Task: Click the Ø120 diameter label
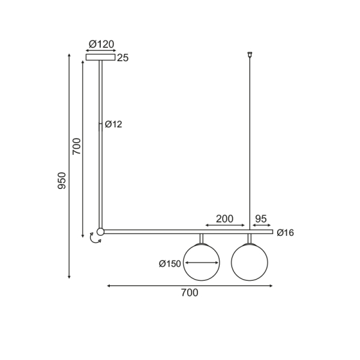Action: [101, 44]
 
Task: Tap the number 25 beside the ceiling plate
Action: [123, 58]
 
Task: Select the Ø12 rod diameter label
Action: [113, 124]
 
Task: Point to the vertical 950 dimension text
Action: [62, 181]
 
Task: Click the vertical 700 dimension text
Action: [76, 146]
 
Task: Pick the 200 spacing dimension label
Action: [224, 218]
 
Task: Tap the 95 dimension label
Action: [261, 218]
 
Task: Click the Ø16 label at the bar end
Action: [286, 233]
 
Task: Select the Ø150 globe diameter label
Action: [170, 263]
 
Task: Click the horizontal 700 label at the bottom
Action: [189, 293]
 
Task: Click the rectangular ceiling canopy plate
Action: [100, 58]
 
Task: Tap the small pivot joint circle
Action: [100, 232]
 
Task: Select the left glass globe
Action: [201, 262]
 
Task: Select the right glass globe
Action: [249, 262]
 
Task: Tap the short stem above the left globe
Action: [202, 239]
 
